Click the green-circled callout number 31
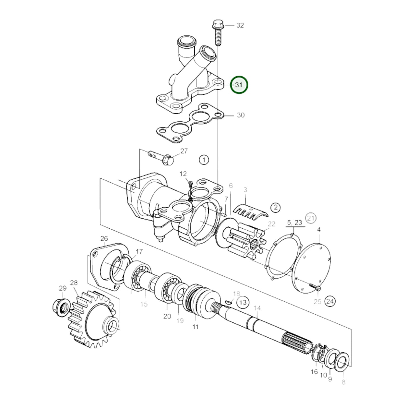tap(239, 85)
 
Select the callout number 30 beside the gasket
tap(241, 115)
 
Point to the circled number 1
tap(204, 160)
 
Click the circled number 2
tap(275, 207)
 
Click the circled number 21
tap(311, 218)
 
